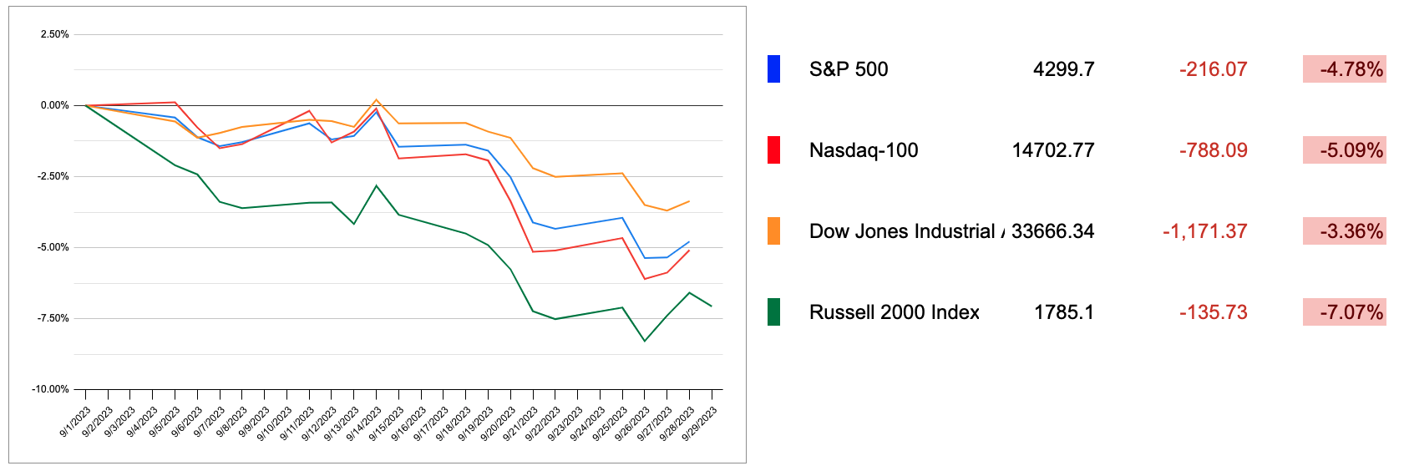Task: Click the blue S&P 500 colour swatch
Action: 773,69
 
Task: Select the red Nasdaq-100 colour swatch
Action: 773,150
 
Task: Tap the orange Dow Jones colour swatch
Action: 773,231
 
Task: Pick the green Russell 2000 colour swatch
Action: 773,312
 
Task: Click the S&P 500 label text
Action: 849,69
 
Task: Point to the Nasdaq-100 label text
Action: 864,150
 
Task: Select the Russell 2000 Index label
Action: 894,312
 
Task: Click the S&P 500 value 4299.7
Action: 1063,69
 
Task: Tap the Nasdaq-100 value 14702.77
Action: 1052,150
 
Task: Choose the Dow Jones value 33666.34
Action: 1052,231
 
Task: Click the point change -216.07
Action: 1213,69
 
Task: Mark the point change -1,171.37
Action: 1204,231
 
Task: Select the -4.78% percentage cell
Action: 1345,69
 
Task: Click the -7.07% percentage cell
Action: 1345,312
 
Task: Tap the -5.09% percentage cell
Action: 1345,150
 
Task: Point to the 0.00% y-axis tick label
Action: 54,105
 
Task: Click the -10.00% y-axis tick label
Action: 50,389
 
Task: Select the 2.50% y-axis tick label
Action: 54,34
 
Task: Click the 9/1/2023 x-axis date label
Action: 75,423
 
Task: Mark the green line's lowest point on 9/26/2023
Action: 645,341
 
